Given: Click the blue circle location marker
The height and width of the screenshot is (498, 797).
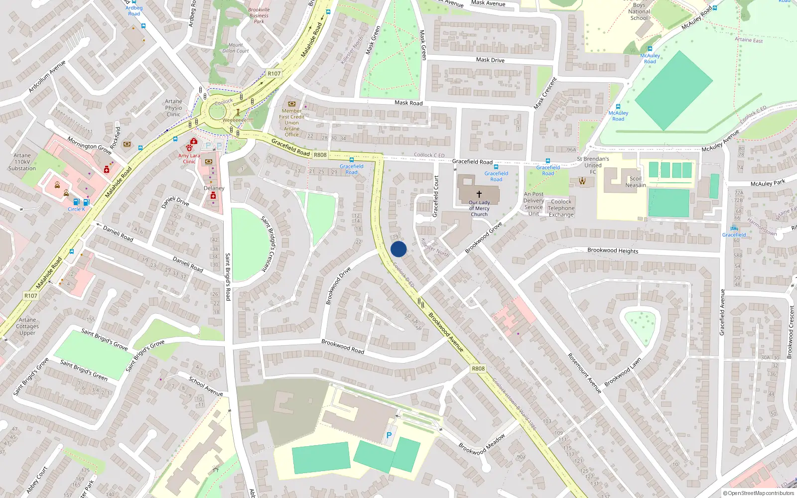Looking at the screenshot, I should click(398, 249).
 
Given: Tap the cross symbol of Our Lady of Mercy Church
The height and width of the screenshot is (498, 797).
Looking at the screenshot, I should click(479, 194).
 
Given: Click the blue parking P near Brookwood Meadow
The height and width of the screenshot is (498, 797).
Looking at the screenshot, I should click(389, 435).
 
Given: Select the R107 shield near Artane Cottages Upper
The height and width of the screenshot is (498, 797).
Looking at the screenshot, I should click(31, 295).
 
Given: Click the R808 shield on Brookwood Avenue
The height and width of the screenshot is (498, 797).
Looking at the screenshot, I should click(478, 369).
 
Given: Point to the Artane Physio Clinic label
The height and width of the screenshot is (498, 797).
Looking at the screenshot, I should click(173, 108).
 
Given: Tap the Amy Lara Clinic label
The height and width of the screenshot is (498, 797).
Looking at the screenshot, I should click(189, 158).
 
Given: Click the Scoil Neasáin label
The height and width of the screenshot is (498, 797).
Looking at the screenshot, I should click(636, 182).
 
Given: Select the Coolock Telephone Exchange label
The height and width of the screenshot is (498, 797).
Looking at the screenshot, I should click(561, 208).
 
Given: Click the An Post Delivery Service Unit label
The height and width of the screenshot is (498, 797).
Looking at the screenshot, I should click(533, 204).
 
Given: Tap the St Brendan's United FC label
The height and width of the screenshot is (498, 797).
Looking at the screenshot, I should click(593, 165).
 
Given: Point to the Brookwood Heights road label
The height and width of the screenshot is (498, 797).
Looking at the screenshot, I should click(613, 250).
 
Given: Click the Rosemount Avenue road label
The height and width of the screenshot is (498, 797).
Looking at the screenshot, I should click(585, 373).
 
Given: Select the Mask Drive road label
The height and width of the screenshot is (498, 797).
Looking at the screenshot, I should click(490, 60).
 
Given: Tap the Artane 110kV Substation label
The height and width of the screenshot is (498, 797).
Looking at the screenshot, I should click(22, 162).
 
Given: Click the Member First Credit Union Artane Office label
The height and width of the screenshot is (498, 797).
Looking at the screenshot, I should click(292, 123).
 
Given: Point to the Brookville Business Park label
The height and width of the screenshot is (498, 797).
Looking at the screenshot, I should click(259, 15).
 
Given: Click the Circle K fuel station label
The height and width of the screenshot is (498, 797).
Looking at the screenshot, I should click(76, 209).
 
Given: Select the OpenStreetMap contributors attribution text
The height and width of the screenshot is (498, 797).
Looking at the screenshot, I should click(761, 493).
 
